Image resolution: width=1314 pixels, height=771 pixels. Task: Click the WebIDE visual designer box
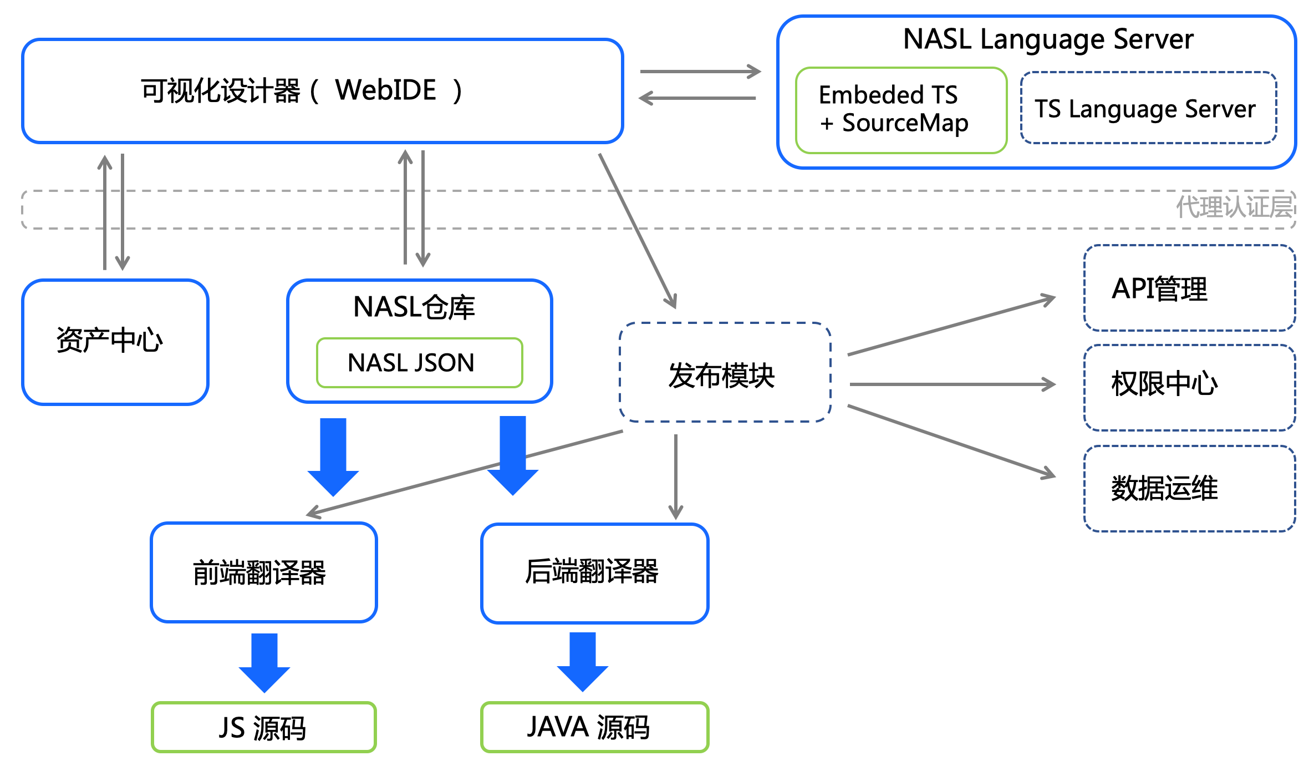tap(322, 91)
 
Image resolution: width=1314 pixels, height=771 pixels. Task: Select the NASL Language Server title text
tap(1048, 39)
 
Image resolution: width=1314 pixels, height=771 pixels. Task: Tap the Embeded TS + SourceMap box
tap(900, 110)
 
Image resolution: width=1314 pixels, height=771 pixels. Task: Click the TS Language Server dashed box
tap(1148, 109)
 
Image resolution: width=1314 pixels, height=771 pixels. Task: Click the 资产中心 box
tap(115, 341)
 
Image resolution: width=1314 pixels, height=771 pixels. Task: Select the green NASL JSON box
tap(419, 363)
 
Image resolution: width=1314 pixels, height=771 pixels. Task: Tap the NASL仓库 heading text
tap(414, 307)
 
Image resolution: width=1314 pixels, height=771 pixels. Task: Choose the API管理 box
tap(1189, 288)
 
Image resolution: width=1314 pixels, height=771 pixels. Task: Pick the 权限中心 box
tap(1189, 387)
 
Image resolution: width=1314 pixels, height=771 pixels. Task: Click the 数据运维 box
tap(1189, 488)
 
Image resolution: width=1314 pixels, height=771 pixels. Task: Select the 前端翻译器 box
tap(263, 572)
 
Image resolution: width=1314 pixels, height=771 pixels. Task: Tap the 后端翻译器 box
tap(594, 572)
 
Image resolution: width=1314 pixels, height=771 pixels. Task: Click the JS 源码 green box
tap(263, 727)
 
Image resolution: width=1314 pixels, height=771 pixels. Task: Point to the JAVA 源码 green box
tap(594, 727)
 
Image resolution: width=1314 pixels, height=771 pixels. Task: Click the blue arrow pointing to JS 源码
tap(264, 663)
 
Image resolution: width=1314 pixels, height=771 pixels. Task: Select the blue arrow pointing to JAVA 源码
tap(583, 662)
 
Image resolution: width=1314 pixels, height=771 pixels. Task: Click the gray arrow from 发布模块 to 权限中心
tap(951, 384)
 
